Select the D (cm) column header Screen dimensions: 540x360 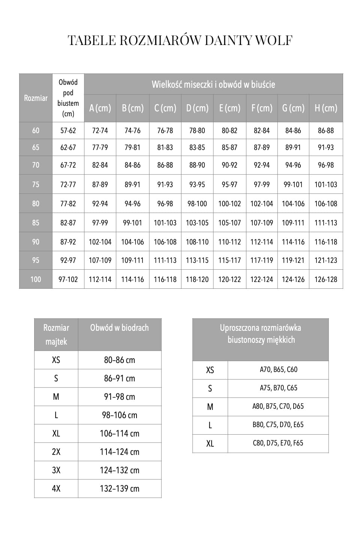(197, 108)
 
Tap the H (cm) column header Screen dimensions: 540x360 (326, 108)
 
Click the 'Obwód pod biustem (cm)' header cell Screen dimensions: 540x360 (68, 98)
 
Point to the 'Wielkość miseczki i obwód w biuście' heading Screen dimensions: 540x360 (213, 84)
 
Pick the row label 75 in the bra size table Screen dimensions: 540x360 (36, 184)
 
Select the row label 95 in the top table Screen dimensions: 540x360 (36, 260)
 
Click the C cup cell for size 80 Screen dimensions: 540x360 (165, 204)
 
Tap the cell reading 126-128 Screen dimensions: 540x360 (326, 279)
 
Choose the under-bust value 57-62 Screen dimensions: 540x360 (68, 130)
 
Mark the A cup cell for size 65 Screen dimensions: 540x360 (100, 147)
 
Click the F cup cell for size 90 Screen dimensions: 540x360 (262, 242)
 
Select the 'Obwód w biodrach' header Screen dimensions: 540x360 (119, 328)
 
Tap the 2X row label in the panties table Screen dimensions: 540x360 (56, 452)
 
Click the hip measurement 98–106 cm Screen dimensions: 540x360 (120, 415)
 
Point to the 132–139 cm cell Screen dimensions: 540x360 (120, 489)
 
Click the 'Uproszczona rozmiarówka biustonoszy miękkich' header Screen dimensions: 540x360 (261, 334)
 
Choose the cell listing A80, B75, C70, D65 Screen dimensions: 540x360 (278, 406)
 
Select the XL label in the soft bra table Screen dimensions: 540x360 (210, 444)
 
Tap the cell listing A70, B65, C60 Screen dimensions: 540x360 (278, 369)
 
